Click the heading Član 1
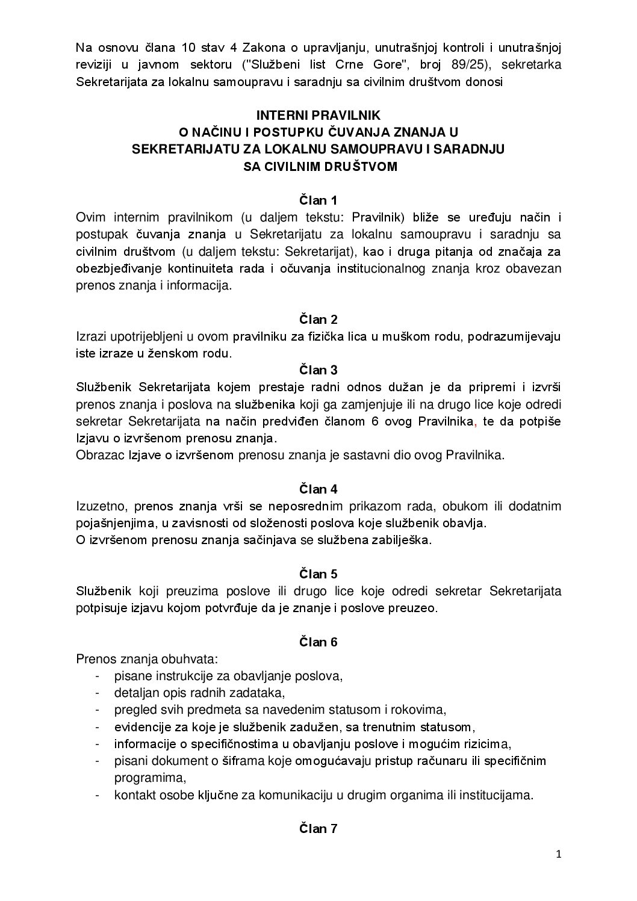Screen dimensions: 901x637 pyautogui.click(x=318, y=200)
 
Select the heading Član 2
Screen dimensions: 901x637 pyautogui.click(x=318, y=319)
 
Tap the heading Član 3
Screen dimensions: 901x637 pyautogui.click(x=318, y=370)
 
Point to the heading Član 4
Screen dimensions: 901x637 pyautogui.click(x=318, y=489)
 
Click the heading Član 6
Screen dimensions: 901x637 pyautogui.click(x=318, y=642)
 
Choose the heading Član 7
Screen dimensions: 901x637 pyautogui.click(x=318, y=829)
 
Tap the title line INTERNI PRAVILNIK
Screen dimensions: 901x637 pyautogui.click(x=318, y=114)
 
